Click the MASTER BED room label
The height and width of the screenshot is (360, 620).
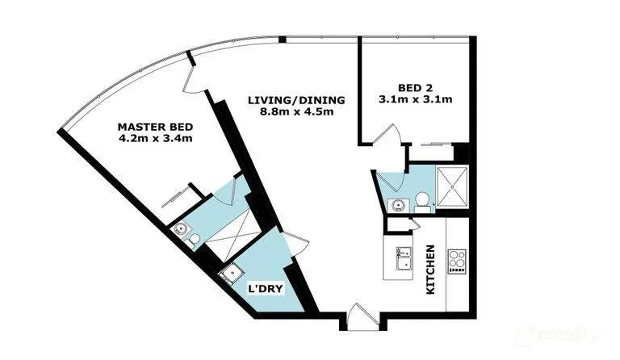155,127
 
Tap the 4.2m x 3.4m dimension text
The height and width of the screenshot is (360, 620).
155,139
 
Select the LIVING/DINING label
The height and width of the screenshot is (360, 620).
296,100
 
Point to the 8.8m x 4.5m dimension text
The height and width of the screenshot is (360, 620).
296,111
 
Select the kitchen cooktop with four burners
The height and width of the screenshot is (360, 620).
457,261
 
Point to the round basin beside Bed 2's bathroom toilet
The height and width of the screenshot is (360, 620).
395,205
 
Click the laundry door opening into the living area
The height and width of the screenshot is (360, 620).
295,240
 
